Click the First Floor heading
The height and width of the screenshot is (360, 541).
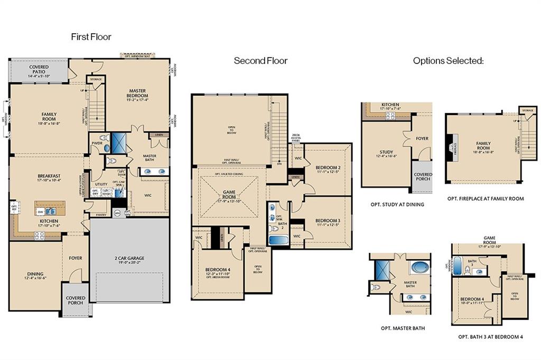(91, 36)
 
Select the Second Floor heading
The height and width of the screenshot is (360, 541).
(260, 61)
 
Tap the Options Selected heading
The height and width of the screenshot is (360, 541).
(448, 61)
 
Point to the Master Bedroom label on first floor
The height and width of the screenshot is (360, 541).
(136, 96)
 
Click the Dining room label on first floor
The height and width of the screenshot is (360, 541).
(35, 277)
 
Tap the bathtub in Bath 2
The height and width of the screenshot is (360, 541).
(278, 240)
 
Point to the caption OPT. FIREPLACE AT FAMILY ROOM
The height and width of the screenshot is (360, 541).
(486, 198)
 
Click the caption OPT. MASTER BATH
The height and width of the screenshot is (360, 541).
(403, 328)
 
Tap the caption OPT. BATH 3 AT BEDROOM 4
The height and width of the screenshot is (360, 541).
(490, 336)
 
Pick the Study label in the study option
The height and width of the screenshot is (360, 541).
(386, 154)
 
